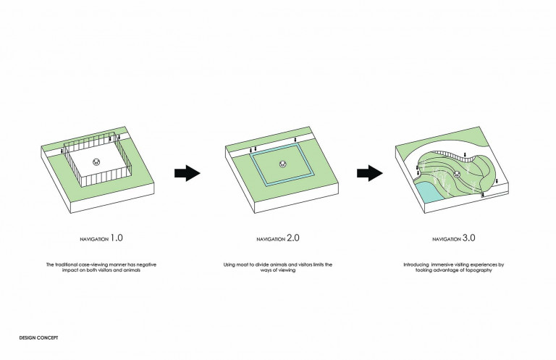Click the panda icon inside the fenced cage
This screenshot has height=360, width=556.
pos(96,162)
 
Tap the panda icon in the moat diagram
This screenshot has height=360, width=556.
pos(282,164)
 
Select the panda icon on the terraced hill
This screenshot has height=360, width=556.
pos(457,174)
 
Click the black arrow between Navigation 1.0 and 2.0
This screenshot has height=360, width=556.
pos(188,173)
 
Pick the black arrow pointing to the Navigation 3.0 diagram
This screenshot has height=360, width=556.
pos(370,173)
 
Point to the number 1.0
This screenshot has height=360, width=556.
pos(117,238)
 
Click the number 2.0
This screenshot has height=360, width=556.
pos(293,238)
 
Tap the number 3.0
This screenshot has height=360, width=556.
pos(469,238)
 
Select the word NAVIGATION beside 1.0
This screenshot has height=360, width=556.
pos(94,240)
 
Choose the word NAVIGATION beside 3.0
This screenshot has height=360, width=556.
pos(447,240)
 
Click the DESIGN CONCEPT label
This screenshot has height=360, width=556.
pos(38,338)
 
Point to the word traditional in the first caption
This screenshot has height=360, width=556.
pos(66,264)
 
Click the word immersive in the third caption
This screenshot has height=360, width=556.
pos(443,264)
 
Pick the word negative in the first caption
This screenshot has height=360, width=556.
pos(146,264)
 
